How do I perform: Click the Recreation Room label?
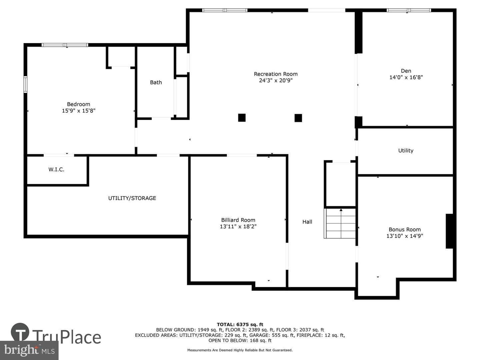[276, 74]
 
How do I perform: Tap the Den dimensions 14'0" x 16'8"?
[406, 77]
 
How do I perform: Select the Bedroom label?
[79, 104]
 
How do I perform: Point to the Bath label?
[156, 82]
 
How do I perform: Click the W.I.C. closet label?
[56, 169]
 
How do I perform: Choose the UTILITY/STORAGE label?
[132, 198]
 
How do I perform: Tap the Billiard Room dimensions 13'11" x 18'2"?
[238, 226]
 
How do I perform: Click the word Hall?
[307, 222]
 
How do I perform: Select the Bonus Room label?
[405, 230]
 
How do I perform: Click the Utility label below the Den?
[406, 151]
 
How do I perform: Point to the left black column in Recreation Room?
[242, 118]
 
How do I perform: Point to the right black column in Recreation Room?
[298, 118]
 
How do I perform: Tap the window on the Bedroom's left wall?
[26, 85]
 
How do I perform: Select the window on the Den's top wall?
[409, 10]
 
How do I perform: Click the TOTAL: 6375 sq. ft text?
[240, 325]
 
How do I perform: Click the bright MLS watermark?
[29, 350]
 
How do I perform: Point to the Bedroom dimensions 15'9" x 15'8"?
[79, 111]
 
